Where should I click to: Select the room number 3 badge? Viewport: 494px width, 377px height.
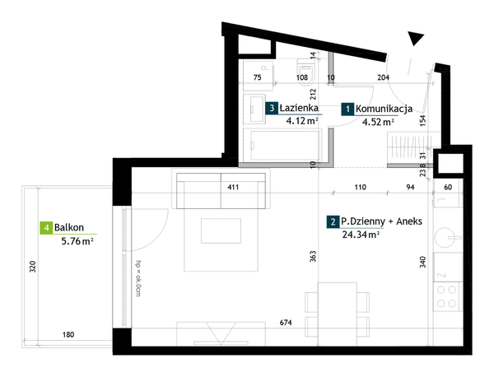272,109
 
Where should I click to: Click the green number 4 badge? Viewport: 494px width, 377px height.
46,227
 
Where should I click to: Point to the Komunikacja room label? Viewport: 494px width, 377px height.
384,109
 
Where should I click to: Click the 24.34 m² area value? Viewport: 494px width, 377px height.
361,235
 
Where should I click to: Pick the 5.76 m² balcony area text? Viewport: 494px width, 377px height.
77,241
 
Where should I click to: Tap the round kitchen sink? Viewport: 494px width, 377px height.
445,238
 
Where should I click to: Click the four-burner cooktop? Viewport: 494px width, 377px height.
446,296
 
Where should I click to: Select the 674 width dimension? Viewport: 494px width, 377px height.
286,323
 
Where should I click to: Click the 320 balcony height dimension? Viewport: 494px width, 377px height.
33,267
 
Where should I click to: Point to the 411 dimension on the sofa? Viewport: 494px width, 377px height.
233,188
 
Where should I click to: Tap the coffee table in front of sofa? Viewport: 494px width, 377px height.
221,230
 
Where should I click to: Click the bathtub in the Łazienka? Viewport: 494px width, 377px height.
285,145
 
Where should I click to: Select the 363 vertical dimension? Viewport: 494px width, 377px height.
313,256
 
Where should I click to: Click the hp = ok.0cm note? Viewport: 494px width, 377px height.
137,278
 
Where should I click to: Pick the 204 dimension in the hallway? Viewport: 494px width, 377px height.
383,77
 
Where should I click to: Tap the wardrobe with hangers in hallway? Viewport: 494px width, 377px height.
409,147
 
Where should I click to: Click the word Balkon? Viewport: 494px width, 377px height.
69,227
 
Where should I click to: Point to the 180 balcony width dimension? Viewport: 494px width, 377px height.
68,334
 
